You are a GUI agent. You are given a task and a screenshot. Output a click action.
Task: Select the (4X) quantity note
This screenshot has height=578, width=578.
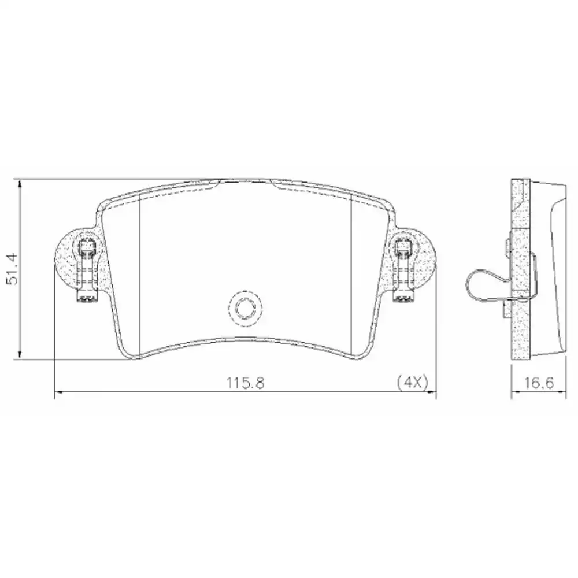point(412,382)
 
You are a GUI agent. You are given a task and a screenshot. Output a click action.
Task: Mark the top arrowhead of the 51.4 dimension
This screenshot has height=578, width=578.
point(20,184)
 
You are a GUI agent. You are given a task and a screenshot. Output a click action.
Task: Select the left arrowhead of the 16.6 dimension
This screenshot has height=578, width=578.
point(515,394)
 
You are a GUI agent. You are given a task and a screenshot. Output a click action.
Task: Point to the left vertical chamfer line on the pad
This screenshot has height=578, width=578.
point(141,272)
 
